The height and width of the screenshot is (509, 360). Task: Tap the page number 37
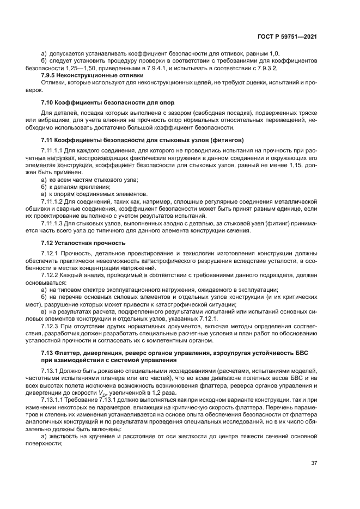314,463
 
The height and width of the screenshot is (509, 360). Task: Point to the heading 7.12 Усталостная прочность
83,243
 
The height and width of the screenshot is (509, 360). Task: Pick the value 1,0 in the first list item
273,54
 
